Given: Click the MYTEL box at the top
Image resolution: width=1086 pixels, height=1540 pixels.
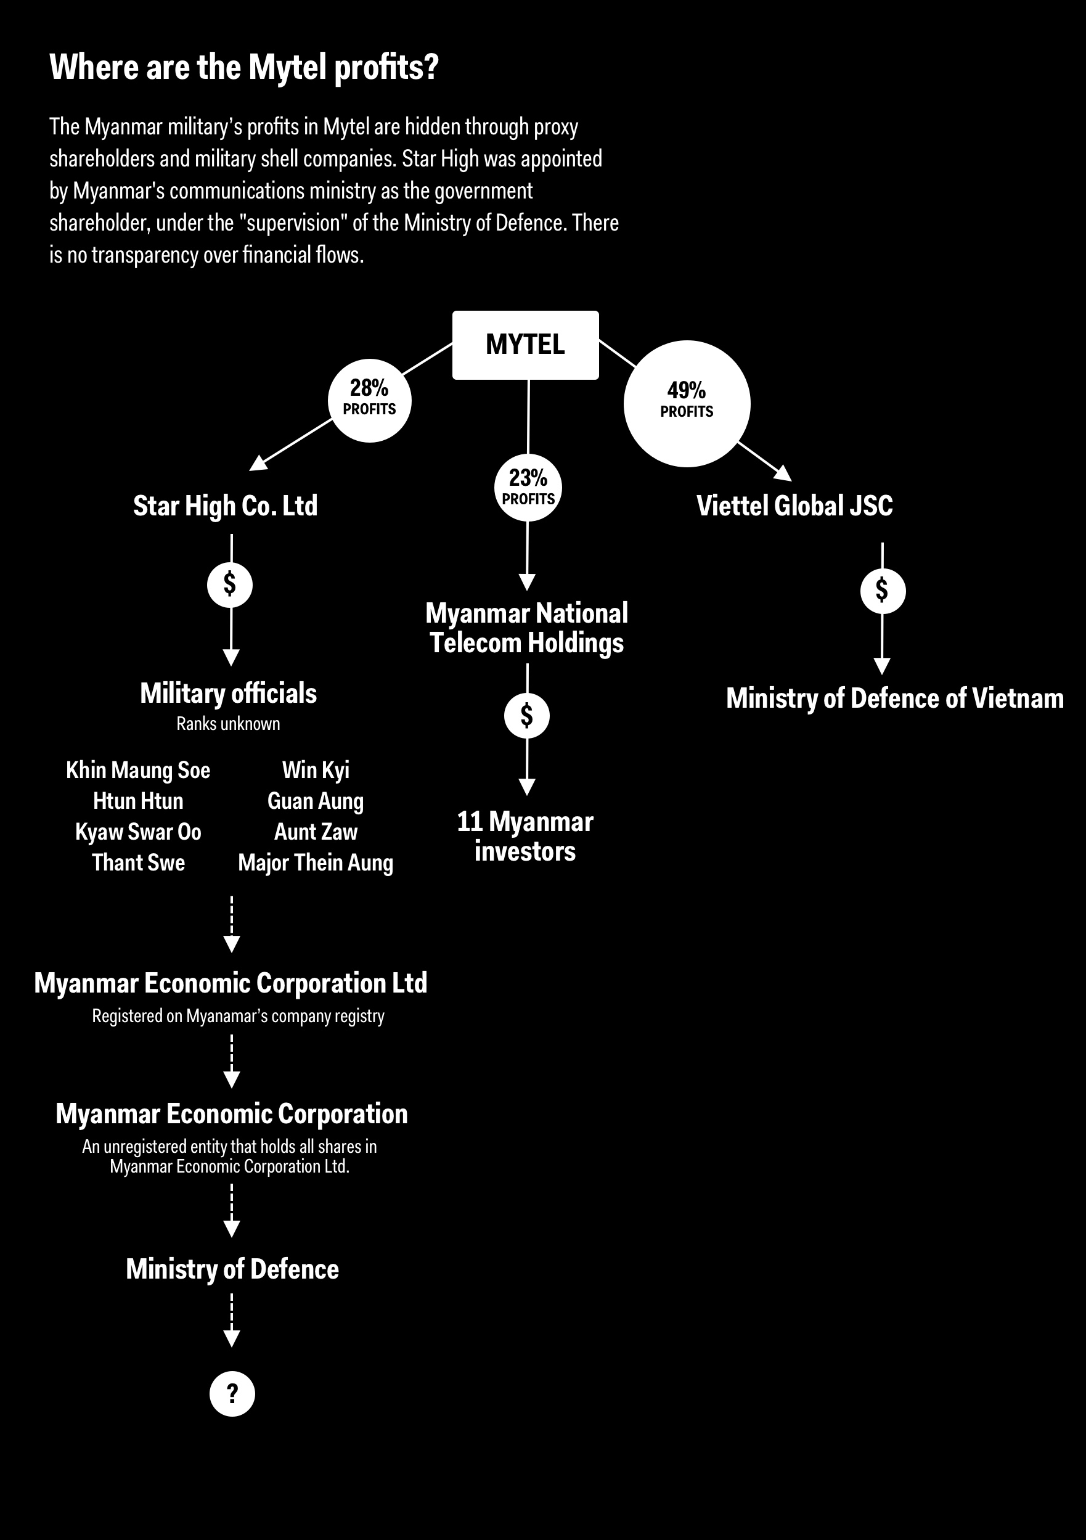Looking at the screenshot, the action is pos(526,345).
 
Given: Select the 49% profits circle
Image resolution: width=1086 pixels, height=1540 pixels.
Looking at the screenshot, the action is pos(687,403).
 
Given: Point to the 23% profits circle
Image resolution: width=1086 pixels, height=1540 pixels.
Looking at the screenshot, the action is pos(528,488).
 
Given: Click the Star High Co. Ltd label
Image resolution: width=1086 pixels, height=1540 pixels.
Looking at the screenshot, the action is pos(225,506).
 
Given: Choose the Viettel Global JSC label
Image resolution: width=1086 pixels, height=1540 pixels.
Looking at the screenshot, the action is pos(794,506).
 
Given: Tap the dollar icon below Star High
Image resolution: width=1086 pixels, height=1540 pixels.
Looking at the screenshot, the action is pos(230,585).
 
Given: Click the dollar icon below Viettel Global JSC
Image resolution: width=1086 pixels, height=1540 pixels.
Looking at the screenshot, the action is pos(882,591).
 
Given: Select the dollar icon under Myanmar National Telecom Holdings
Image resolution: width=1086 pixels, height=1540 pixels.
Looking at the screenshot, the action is pos(527,716).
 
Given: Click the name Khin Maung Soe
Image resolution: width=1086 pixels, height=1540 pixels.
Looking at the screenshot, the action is pos(138,770).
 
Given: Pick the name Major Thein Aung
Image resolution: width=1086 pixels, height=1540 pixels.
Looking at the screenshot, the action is pos(316,863).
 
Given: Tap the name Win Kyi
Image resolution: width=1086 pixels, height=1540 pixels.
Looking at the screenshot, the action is pos(316,770).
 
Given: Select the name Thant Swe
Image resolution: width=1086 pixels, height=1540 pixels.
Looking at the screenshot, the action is pos(138,862).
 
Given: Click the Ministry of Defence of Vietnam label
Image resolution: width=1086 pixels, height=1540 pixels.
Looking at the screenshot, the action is pos(895,699).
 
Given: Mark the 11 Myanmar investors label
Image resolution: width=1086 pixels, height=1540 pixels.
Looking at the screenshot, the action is pos(526,837).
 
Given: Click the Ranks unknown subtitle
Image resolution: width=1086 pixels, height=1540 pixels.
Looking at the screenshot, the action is pos(228,724).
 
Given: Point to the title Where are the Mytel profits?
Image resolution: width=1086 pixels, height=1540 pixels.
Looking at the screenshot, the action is pos(244,68).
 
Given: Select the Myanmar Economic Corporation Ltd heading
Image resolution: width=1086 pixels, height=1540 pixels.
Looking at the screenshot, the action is pos(231,983).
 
